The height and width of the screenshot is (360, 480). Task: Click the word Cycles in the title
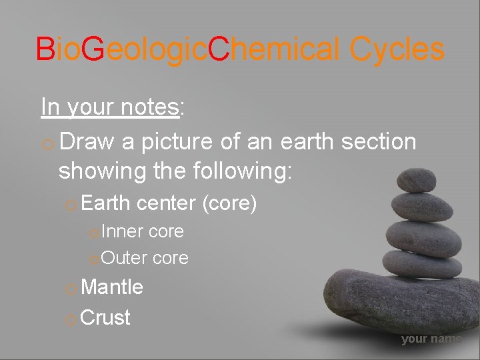(397, 49)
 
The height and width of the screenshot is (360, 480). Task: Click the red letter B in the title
(45, 49)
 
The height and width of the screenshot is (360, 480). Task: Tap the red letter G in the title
(95, 49)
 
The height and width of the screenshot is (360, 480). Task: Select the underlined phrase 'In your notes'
(110, 107)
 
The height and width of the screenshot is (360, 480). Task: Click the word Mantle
(111, 287)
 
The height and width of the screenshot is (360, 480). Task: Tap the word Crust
(105, 317)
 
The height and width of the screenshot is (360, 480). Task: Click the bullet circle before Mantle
(71, 289)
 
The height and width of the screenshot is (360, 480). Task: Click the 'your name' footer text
(431, 339)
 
